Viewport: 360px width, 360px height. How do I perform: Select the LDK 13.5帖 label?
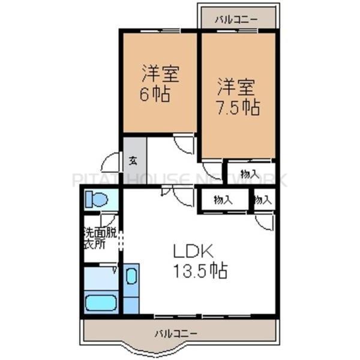pos(200,262)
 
